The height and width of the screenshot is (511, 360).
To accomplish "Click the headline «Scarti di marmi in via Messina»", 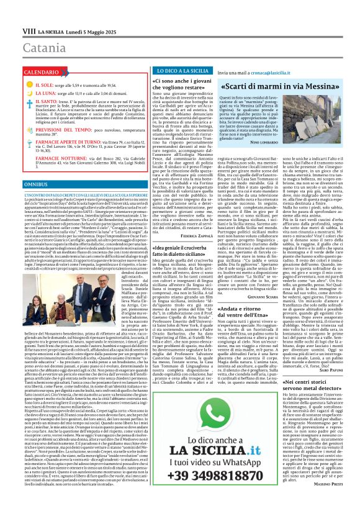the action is click(x=286, y=87).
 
